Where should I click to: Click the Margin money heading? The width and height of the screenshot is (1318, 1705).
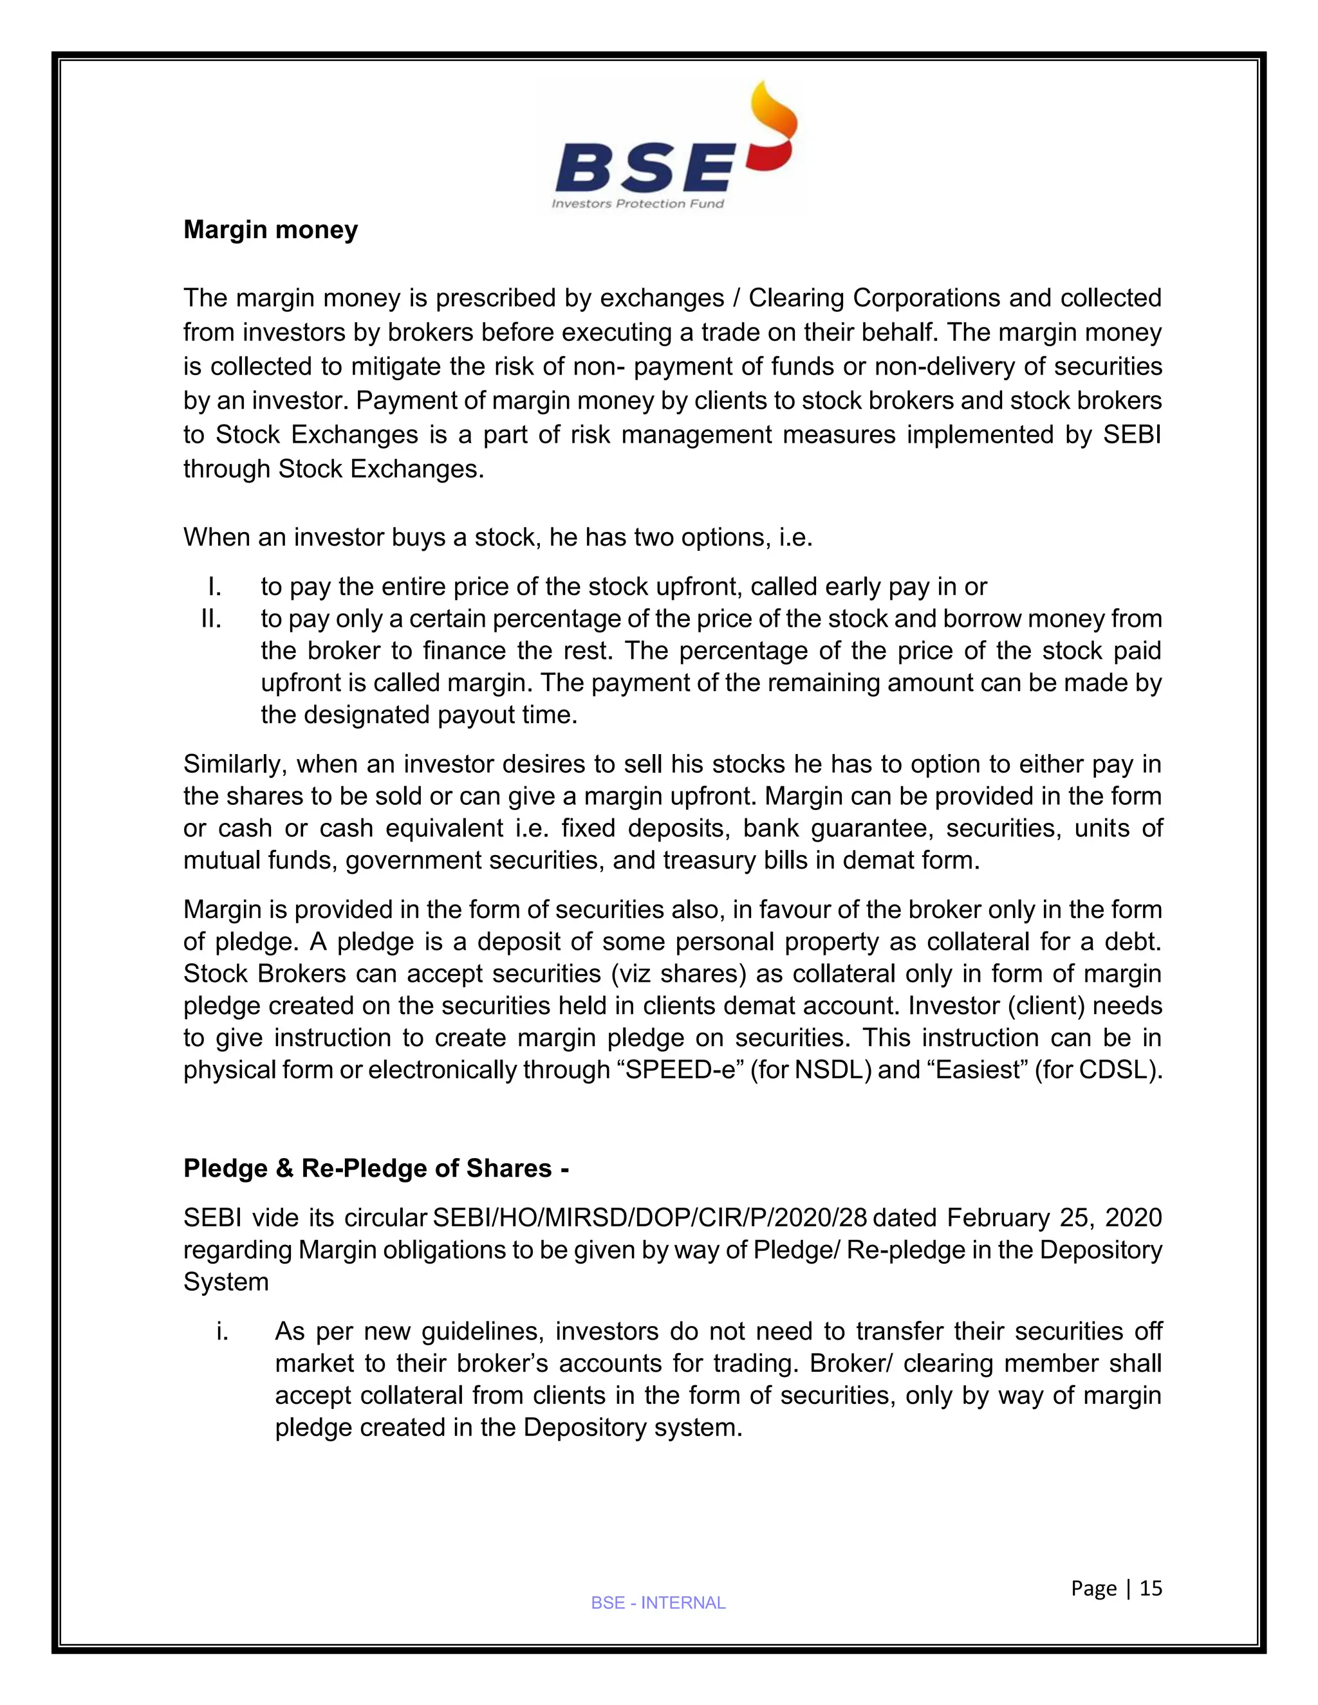click(270, 230)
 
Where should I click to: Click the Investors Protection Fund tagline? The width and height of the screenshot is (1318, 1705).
click(638, 204)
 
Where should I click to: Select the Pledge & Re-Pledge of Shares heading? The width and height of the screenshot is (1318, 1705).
click(376, 1168)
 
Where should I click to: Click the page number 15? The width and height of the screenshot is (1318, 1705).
click(1151, 1588)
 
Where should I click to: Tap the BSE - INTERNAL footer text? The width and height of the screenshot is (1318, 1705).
click(658, 1603)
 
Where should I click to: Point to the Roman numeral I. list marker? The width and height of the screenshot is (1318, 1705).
click(215, 586)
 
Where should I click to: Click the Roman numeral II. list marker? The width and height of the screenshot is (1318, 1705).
click(211, 618)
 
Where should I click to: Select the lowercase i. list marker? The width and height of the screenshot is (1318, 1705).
click(223, 1331)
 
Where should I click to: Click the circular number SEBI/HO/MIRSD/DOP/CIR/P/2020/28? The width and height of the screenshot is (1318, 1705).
click(649, 1218)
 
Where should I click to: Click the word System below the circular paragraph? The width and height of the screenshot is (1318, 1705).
click(226, 1282)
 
